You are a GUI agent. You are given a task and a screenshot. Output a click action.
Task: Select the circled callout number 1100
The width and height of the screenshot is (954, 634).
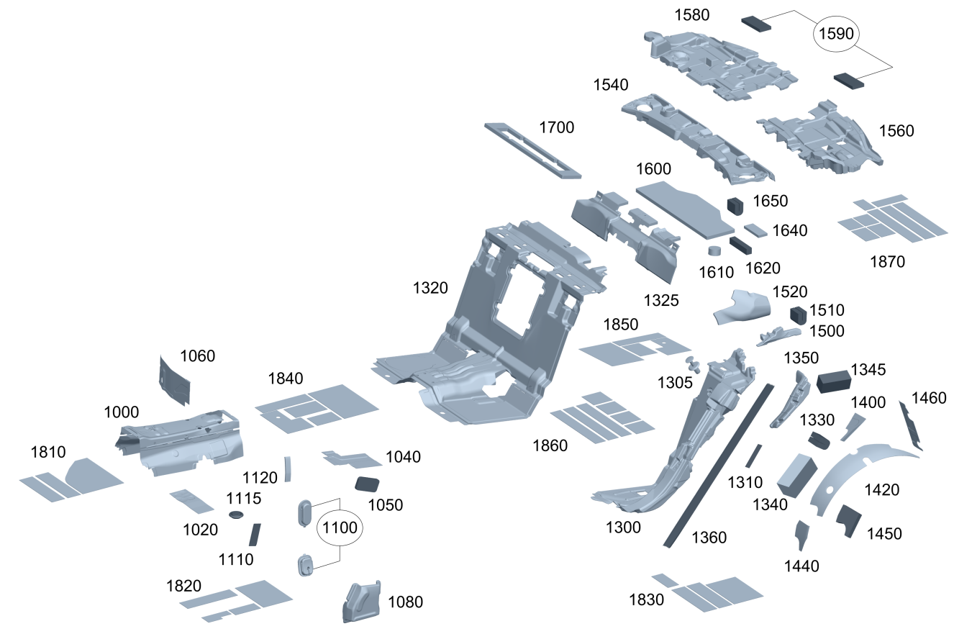click(340, 527)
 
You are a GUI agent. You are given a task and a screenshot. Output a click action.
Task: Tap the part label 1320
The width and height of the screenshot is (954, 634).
click(430, 289)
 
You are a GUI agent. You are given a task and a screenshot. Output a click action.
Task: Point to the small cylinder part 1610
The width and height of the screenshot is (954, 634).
click(714, 251)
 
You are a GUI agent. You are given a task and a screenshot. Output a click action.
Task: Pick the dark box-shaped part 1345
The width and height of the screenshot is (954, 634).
click(834, 379)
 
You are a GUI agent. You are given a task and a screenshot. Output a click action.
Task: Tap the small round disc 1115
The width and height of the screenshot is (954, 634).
click(235, 515)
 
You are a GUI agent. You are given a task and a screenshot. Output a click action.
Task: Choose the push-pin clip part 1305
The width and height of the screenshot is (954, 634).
click(692, 361)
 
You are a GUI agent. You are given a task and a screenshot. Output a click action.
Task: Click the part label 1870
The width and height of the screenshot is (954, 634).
click(887, 262)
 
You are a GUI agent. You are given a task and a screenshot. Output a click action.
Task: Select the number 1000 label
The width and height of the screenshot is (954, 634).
click(122, 412)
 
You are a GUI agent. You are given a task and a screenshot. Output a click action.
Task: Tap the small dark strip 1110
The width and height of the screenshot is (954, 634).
click(253, 535)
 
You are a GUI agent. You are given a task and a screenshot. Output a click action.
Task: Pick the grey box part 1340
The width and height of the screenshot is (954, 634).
click(796, 474)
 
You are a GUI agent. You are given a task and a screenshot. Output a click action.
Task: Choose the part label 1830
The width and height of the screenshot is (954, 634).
click(646, 599)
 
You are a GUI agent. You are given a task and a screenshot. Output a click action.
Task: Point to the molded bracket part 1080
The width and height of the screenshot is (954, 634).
click(362, 600)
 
